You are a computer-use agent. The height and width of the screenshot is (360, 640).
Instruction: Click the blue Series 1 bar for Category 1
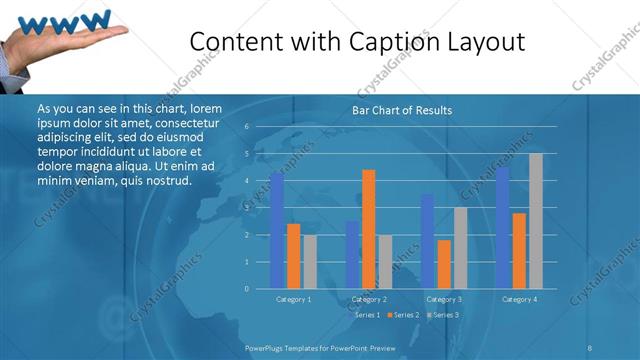tap(277, 231)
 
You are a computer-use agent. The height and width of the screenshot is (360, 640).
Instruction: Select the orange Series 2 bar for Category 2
tap(369, 229)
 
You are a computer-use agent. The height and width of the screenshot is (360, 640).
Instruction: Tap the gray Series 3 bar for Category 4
tap(536, 221)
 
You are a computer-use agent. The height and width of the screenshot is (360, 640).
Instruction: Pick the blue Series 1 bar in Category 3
tap(427, 241)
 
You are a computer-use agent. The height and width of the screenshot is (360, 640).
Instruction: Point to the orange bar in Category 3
tap(444, 264)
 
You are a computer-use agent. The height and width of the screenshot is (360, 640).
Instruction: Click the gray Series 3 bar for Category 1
tap(310, 262)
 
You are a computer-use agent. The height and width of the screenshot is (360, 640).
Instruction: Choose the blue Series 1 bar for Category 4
tap(502, 228)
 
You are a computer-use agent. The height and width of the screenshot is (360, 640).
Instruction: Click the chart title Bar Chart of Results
tap(402, 110)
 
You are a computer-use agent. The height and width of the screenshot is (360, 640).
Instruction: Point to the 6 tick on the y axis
tap(246, 127)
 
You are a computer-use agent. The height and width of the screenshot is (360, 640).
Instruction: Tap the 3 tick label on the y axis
tap(246, 208)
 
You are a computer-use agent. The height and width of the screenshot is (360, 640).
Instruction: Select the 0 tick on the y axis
tap(246, 289)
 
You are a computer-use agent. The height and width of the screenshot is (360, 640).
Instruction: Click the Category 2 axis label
tap(369, 299)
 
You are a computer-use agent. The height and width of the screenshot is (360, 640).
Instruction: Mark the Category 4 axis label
tap(519, 299)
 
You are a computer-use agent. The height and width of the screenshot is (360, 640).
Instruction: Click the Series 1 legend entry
tap(366, 315)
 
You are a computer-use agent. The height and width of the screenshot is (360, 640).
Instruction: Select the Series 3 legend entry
tap(444, 315)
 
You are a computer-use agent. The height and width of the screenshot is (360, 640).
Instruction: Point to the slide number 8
tap(590, 346)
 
